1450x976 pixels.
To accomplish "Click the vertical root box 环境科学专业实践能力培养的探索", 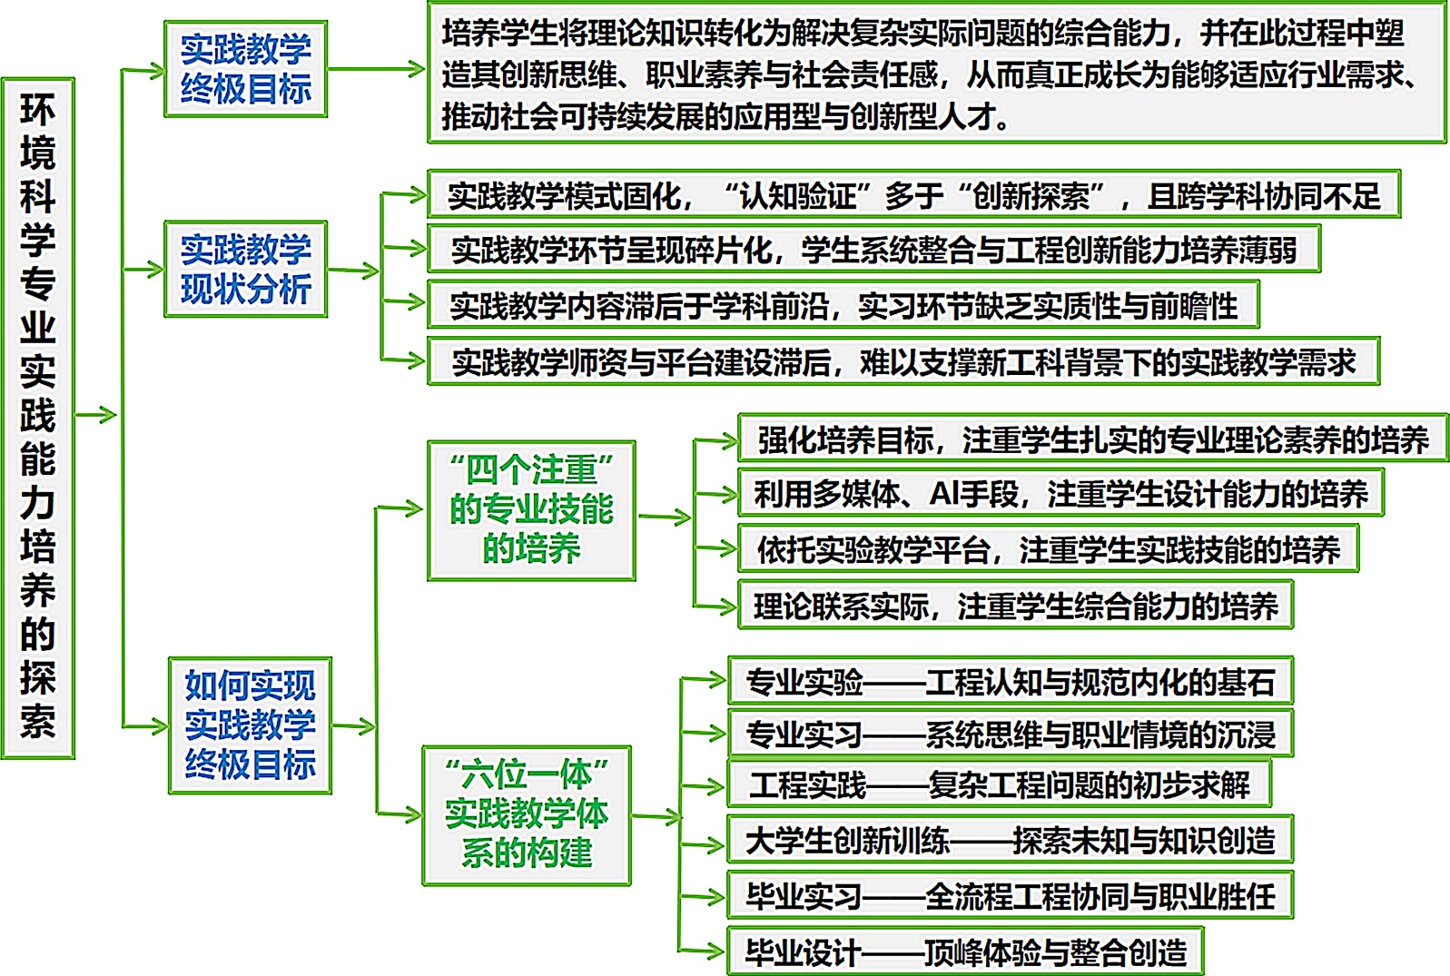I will (38, 418).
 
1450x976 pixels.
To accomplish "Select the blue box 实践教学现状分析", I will (245, 269).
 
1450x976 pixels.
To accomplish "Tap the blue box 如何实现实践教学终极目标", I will (250, 725).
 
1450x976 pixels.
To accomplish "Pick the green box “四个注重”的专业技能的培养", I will (531, 510).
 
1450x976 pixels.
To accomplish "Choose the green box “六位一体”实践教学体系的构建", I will (527, 815).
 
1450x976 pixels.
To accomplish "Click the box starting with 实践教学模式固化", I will (913, 194).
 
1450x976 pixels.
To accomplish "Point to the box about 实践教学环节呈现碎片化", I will (873, 250).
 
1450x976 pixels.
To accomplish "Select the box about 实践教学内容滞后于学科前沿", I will (843, 306).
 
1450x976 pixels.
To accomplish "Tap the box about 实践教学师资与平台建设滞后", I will (903, 362).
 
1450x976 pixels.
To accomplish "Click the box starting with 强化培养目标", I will (1093, 439).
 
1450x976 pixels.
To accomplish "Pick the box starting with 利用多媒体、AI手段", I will (1060, 494).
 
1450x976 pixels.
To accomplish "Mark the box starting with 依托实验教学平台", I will (1048, 549).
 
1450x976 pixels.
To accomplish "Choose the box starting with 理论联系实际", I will (1015, 606).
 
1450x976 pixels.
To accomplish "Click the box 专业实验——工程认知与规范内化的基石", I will (1010, 681).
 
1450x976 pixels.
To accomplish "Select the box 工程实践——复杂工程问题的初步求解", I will (999, 784).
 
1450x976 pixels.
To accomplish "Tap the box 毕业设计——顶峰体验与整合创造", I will (965, 951).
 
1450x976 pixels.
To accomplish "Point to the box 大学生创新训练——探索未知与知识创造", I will (1010, 841).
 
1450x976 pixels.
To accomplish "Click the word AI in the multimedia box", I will (946, 494).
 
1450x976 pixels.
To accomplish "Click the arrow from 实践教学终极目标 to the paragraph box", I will (376, 69).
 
